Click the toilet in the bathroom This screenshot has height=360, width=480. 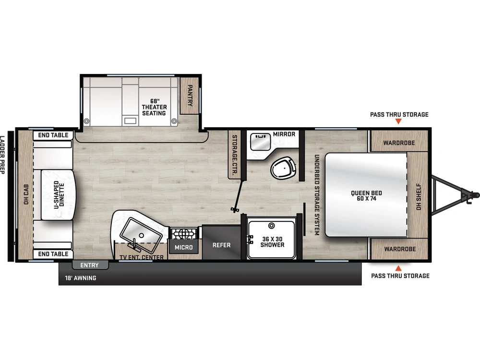284,168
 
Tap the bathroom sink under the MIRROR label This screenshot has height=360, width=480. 260,142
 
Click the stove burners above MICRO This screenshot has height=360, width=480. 184,234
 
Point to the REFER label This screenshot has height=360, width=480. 221,245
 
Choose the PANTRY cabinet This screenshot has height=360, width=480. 189,96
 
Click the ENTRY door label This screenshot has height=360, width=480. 89,265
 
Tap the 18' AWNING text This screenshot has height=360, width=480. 81,278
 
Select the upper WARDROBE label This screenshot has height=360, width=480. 399,143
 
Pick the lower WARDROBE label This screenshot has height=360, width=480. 400,249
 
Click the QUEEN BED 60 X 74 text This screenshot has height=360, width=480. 366,196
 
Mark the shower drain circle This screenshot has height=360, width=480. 271,226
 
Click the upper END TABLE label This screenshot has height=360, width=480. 53,135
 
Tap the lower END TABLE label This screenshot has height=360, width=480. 53,254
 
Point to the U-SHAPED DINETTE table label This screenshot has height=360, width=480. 59,194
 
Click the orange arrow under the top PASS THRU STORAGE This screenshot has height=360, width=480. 398,121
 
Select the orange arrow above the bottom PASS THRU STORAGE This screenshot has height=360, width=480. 398,268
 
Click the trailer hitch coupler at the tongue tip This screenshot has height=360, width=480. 471,195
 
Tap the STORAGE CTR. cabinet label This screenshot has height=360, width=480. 235,155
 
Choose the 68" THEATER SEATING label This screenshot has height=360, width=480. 154,107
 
